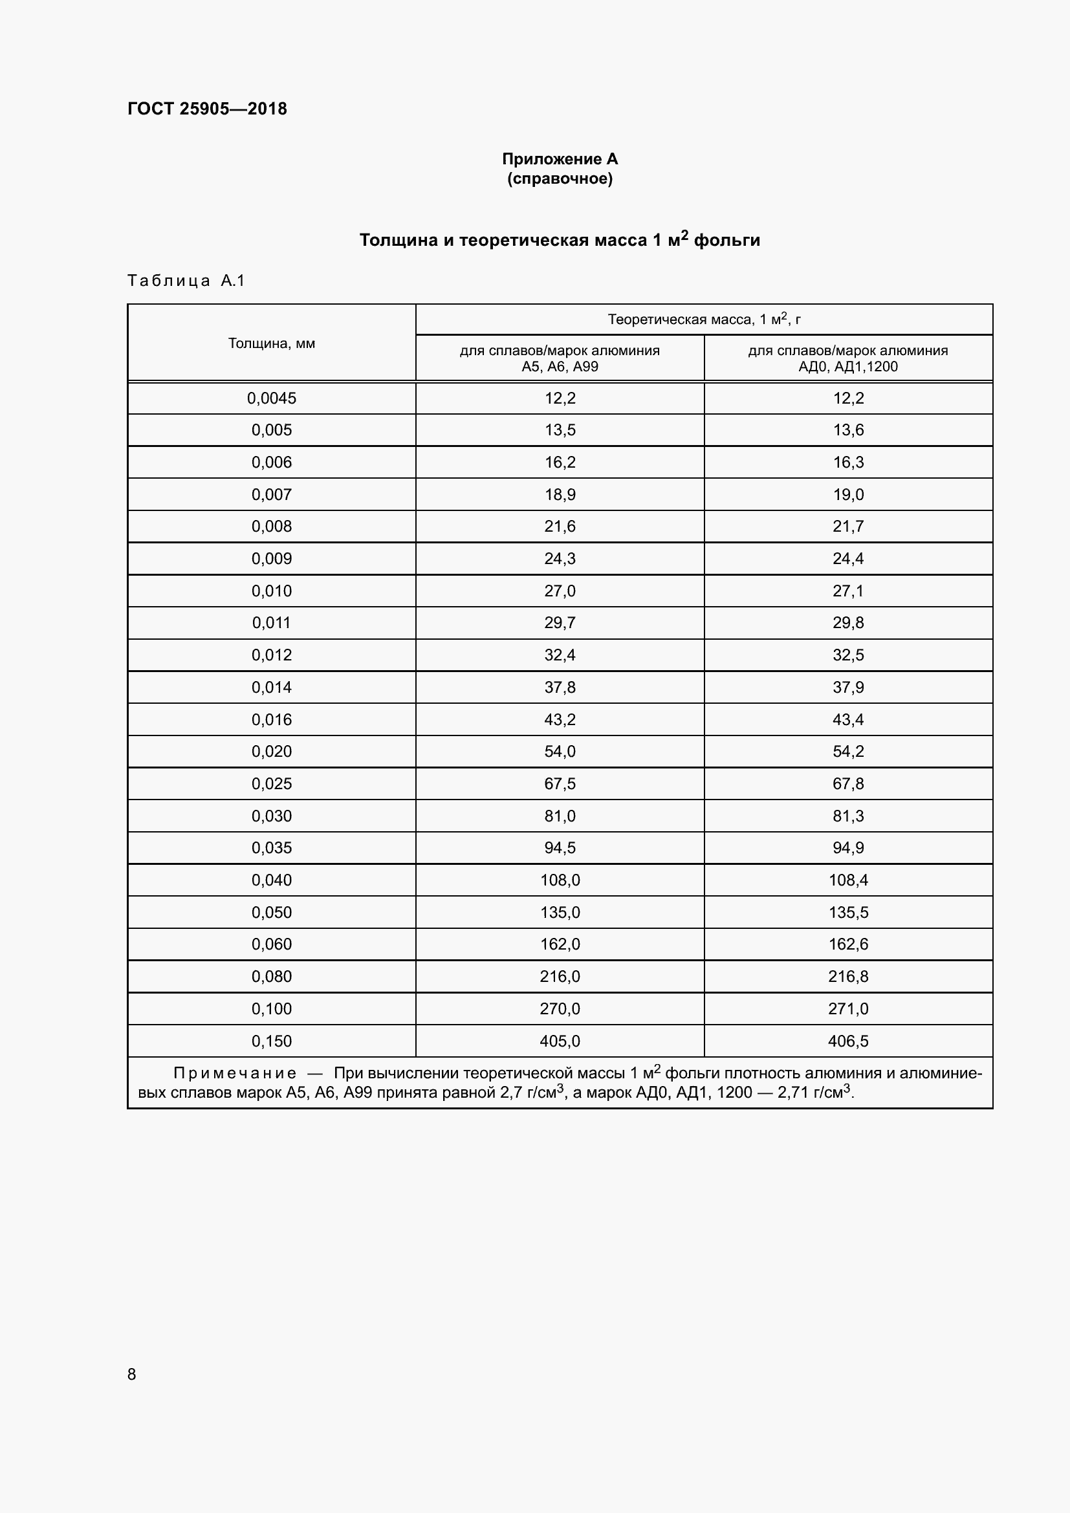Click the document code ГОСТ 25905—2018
coord(207,109)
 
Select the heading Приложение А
coord(560,159)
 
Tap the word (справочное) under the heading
coord(560,179)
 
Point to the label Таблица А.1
coord(186,281)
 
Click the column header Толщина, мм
coord(272,343)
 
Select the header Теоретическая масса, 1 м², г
coord(704,320)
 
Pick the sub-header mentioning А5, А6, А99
coord(560,358)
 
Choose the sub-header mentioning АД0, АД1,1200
coord(848,358)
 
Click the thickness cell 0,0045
coord(272,398)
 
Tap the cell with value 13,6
coord(848,430)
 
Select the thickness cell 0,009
coord(272,559)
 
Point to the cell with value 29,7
coord(560,623)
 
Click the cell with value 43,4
coord(848,719)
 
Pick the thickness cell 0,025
coord(272,783)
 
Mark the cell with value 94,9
coord(848,847)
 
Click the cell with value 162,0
coord(560,944)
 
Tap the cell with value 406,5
coord(848,1041)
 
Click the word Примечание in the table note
coord(235,1074)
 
